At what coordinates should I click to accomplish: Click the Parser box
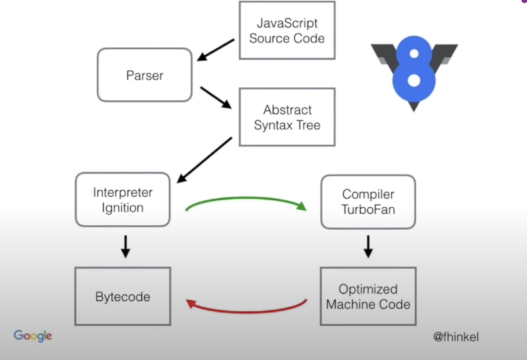pyautogui.click(x=145, y=75)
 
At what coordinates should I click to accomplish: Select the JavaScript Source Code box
pyautogui.click(x=287, y=30)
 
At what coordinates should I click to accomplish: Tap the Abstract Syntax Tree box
pyautogui.click(x=287, y=117)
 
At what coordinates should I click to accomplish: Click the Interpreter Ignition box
pyautogui.click(x=123, y=200)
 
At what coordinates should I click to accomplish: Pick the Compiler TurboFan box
pyautogui.click(x=368, y=202)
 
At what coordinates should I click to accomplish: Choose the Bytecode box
pyautogui.click(x=123, y=296)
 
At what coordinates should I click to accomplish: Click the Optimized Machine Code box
pyautogui.click(x=368, y=296)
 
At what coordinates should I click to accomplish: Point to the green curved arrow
pyautogui.click(x=245, y=199)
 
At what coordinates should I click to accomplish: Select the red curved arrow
pyautogui.click(x=247, y=311)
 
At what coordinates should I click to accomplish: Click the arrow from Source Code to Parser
pyautogui.click(x=216, y=49)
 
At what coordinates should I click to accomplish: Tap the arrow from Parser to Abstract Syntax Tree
pyautogui.click(x=215, y=97)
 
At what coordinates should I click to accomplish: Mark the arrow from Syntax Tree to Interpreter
pyautogui.click(x=204, y=160)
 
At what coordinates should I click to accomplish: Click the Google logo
pyautogui.click(x=33, y=336)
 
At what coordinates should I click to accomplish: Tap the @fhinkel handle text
pyautogui.click(x=456, y=337)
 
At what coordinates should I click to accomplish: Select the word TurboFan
pyautogui.click(x=368, y=210)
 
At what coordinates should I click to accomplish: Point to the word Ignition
pyautogui.click(x=123, y=208)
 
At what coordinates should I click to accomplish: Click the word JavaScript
pyautogui.click(x=287, y=23)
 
